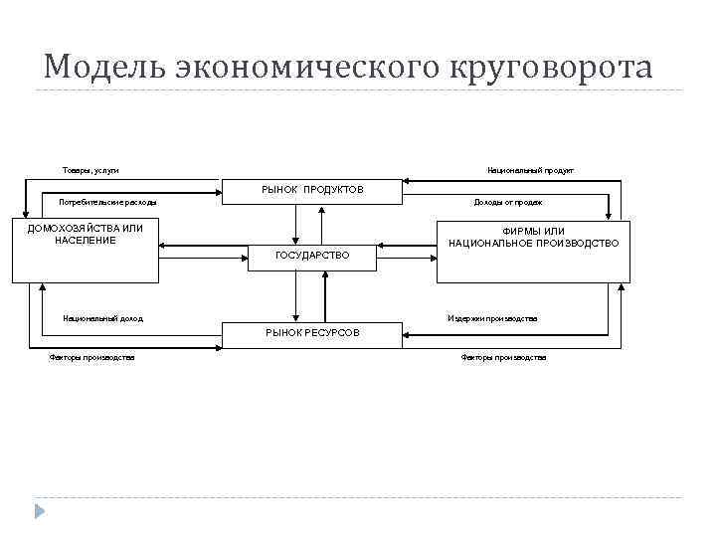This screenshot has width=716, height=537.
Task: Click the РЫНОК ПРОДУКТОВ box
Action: (x=311, y=190)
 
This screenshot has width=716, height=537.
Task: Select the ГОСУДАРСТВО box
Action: (x=311, y=256)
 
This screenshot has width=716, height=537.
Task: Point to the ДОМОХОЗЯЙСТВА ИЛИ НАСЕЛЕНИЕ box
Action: (x=85, y=249)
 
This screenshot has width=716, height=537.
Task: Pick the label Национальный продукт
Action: (x=530, y=171)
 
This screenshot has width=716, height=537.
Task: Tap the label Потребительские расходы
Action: (x=107, y=203)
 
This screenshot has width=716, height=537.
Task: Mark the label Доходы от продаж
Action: (x=507, y=203)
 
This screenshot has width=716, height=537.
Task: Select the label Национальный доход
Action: (x=101, y=319)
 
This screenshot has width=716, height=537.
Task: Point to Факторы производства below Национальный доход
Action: (x=91, y=358)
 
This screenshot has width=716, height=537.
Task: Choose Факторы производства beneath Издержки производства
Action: (x=503, y=358)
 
